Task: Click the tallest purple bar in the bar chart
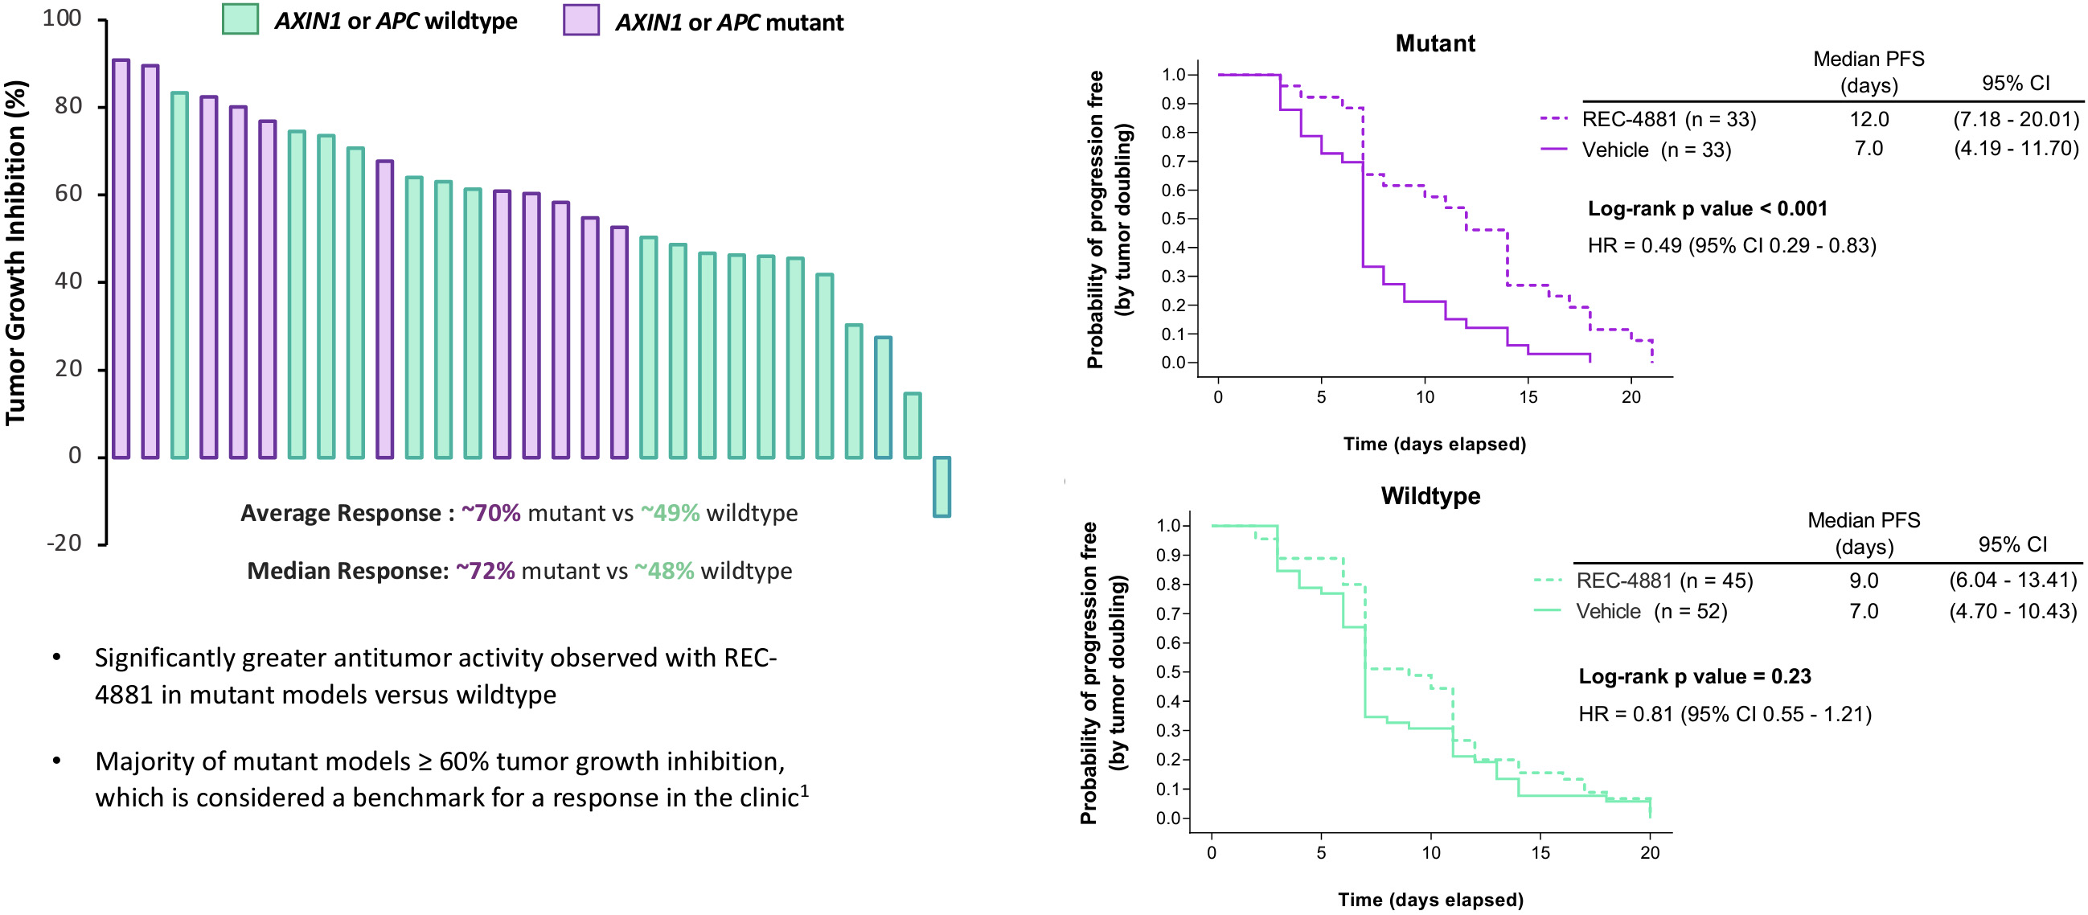tap(121, 260)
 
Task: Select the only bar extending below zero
tap(941, 486)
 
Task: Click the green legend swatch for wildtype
tap(240, 19)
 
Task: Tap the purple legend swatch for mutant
tap(580, 19)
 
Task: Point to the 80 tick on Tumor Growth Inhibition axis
tap(69, 106)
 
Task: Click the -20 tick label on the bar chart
tap(64, 543)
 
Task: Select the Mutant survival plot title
tap(1434, 43)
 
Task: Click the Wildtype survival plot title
tap(1430, 496)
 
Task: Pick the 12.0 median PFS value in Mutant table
tap(1869, 119)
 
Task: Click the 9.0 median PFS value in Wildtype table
tap(1864, 581)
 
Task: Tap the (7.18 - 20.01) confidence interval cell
tap(2015, 119)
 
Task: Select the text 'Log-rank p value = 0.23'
tap(1694, 677)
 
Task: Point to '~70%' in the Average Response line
tap(490, 513)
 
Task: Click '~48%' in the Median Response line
tap(664, 571)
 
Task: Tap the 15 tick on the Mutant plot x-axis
tap(1528, 397)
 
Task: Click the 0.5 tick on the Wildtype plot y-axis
tap(1168, 672)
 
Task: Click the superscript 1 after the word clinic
tap(805, 790)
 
